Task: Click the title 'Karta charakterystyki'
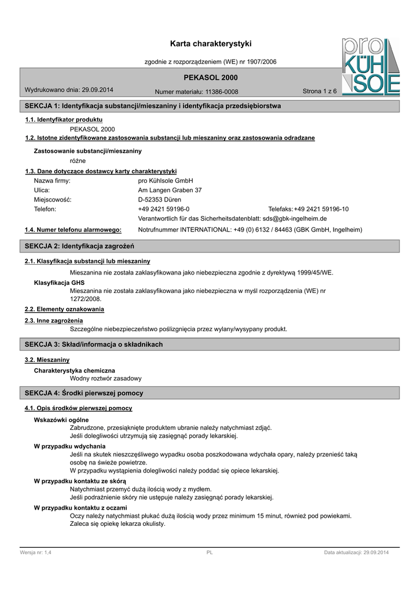[211, 44]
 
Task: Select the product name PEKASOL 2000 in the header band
[210, 78]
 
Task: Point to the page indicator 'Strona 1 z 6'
[320, 91]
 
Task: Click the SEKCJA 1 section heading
[153, 107]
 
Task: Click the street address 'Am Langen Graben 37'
[170, 190]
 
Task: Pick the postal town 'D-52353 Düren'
[159, 199]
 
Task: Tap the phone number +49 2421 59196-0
[163, 209]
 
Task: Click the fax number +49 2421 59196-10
[321, 209]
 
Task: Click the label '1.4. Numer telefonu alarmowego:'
[73, 230]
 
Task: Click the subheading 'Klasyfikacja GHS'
[59, 282]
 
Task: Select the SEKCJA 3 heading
[94, 345]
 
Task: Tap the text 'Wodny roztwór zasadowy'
[105, 378]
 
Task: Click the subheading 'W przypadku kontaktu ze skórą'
[80, 481]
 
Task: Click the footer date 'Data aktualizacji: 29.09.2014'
[356, 553]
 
